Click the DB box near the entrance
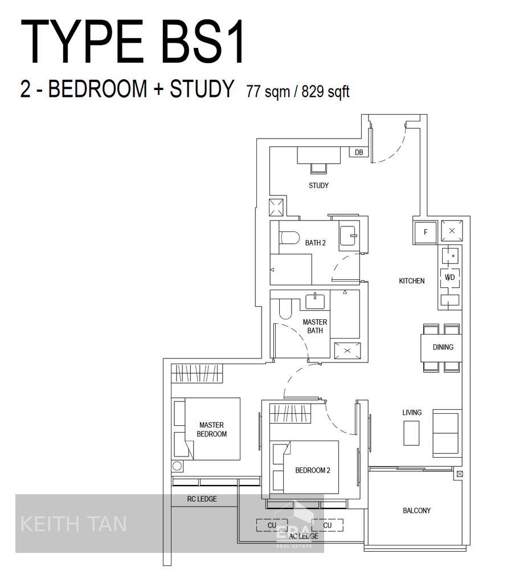359,152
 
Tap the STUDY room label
318,185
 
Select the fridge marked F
425,232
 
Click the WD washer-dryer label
449,278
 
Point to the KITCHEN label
412,280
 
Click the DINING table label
443,347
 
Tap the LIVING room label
412,412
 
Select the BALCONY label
416,510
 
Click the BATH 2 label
316,242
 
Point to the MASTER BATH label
314,326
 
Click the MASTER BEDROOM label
211,429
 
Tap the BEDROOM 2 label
313,470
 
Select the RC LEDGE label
202,499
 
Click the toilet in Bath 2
289,238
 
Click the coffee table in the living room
411,433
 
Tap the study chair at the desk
318,168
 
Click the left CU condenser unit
272,526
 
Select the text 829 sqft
326,91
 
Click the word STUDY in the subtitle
202,88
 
